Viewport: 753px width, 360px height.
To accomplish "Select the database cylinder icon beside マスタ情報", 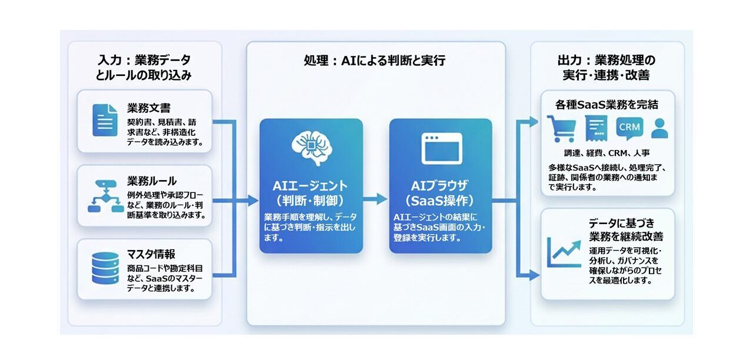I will click(105, 269).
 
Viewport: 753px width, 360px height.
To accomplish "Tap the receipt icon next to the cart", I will click(596, 128).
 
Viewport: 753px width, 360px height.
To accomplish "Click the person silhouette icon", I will click(659, 128).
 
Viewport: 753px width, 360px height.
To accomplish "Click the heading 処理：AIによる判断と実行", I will click(375, 60).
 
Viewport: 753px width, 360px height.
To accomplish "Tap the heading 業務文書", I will click(149, 108).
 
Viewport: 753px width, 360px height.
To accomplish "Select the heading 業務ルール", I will click(152, 181).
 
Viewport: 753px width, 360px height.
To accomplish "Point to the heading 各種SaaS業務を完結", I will click(607, 104).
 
